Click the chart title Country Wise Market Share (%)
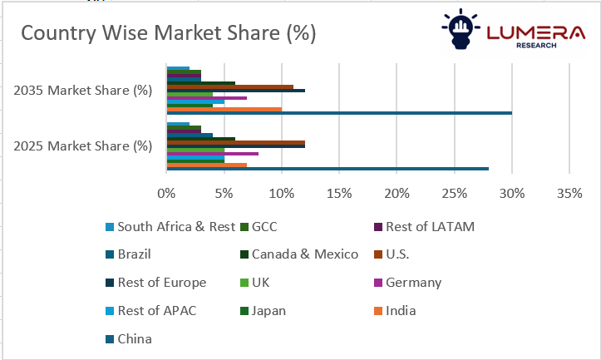(168, 33)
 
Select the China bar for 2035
(339, 113)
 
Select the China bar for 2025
(328, 169)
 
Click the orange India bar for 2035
(224, 109)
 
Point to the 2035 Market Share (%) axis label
(82, 90)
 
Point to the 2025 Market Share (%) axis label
(82, 145)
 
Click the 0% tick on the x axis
(167, 194)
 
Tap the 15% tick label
(339, 194)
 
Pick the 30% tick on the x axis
(512, 194)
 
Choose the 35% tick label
(569, 194)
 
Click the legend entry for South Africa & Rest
(170, 226)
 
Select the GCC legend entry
(264, 226)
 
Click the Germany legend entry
(412, 283)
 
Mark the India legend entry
(400, 311)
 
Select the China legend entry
(135, 339)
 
